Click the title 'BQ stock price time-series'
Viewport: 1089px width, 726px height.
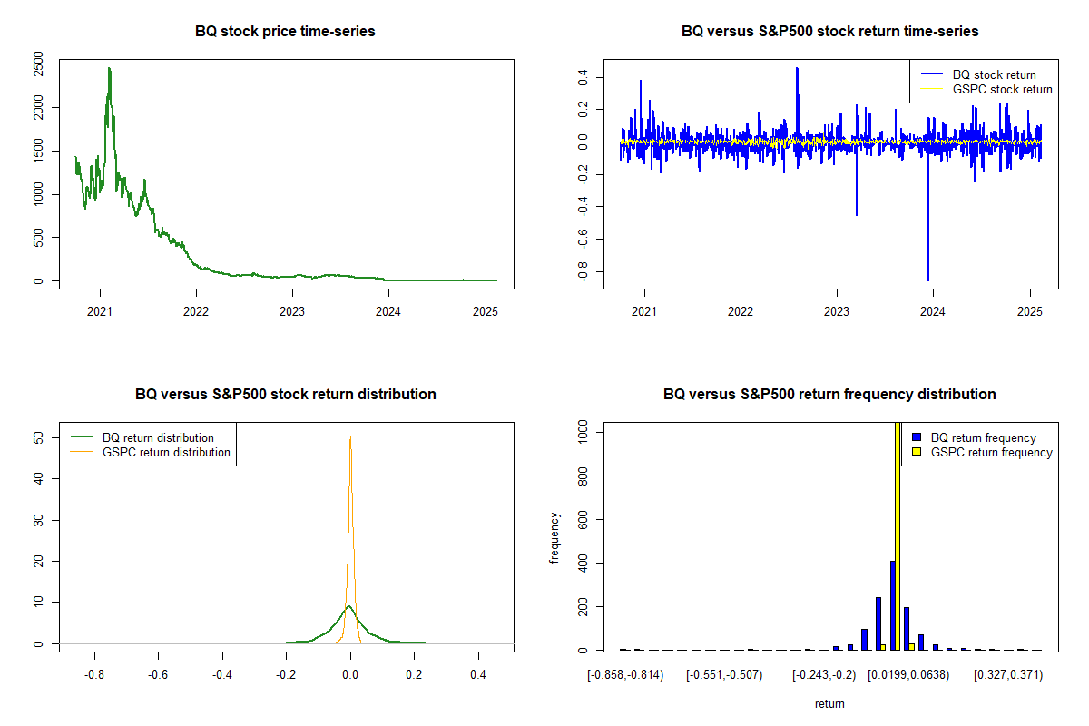tap(285, 32)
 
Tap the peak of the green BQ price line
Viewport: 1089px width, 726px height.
tap(109, 68)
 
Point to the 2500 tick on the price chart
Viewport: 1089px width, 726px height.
tap(38, 64)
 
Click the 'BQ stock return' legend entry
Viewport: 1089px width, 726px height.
tap(994, 74)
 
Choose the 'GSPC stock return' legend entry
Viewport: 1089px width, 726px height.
tap(1002, 89)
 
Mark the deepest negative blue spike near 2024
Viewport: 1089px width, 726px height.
tap(927, 280)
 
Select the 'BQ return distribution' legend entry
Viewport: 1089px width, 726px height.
tap(158, 437)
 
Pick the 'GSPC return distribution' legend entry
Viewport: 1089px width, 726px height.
tap(166, 452)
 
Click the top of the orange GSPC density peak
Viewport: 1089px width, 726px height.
tap(350, 437)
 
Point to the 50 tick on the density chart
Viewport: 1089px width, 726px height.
tap(38, 437)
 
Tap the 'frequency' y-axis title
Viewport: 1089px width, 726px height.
tap(554, 537)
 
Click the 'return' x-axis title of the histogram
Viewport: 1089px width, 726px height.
tap(829, 703)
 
